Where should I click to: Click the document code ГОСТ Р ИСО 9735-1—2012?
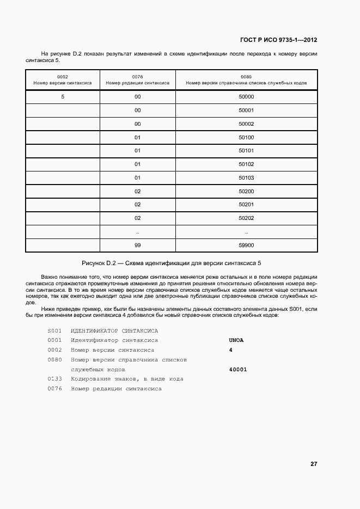pos(278,40)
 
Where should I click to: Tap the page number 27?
pos(314,464)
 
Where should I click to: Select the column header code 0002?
pos(62,77)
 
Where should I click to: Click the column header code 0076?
pos(137,77)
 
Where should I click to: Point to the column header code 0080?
pos(246,77)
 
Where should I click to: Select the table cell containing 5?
pos(63,97)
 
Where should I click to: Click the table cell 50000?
pos(246,97)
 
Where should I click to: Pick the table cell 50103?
pos(246,177)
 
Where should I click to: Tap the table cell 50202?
pos(246,218)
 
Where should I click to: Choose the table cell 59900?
pos(246,245)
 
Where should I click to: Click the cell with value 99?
pos(138,245)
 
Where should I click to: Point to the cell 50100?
pos(246,137)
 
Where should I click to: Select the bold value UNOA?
pos(236,340)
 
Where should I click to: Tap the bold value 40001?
pos(239,370)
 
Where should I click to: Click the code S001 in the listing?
pos(54,330)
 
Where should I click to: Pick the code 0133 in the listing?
pos(54,379)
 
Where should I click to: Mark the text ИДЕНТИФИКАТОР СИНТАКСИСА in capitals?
pos(114,330)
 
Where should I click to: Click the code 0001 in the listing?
pos(54,340)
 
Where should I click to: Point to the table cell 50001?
pos(246,111)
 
